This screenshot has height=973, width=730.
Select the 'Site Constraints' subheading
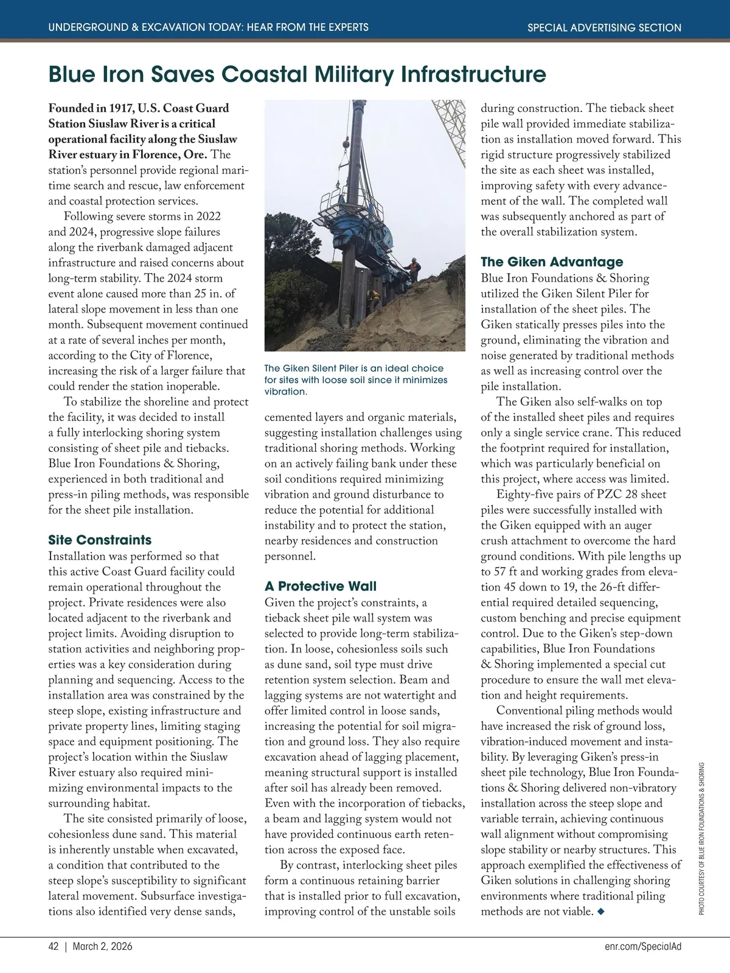tap(100, 540)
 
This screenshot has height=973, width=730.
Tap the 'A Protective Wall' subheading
tap(321, 586)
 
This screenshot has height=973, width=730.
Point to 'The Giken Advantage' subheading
tap(552, 262)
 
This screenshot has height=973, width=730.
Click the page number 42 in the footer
tap(54, 947)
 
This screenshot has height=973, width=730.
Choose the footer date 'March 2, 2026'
tap(102, 947)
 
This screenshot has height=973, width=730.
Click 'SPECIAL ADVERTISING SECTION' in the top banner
tap(604, 27)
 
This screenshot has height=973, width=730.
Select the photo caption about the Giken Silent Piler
tap(356, 380)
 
